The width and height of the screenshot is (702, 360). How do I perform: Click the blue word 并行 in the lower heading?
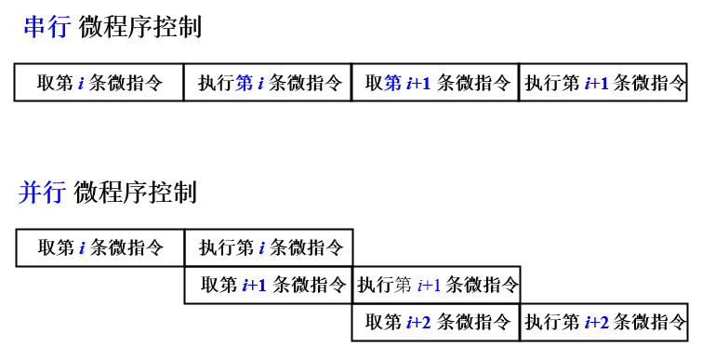coord(42,193)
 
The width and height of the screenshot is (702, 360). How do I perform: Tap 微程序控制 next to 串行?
coord(139,27)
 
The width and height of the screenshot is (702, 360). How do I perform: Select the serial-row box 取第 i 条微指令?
coord(99,82)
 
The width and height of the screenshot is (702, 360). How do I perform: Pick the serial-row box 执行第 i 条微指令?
coord(268,82)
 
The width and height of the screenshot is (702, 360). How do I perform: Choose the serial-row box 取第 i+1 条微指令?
coord(435,82)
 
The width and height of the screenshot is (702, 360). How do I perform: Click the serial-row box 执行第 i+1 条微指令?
coord(603,82)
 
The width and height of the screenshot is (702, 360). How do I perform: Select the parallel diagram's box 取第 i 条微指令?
coord(100,247)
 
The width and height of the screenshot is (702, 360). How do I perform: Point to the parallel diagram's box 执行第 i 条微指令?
coord(269,247)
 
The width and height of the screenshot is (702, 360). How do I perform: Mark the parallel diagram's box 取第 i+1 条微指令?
coord(269,285)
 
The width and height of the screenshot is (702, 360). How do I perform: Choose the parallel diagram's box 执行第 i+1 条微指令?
coord(436,285)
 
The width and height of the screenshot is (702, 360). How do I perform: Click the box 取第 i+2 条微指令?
coord(436,322)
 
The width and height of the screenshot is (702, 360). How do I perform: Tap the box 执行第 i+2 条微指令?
coord(604,322)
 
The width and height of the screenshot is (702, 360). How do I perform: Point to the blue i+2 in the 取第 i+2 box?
coord(419,323)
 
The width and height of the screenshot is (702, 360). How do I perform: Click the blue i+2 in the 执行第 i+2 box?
coord(596,323)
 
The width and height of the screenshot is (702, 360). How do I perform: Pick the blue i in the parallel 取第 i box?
coord(82,248)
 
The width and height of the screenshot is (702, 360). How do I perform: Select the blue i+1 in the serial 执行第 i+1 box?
coord(596,83)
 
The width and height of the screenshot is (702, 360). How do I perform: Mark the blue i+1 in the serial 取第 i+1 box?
coord(419,83)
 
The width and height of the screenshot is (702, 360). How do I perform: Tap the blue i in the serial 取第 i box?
coord(81,83)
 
